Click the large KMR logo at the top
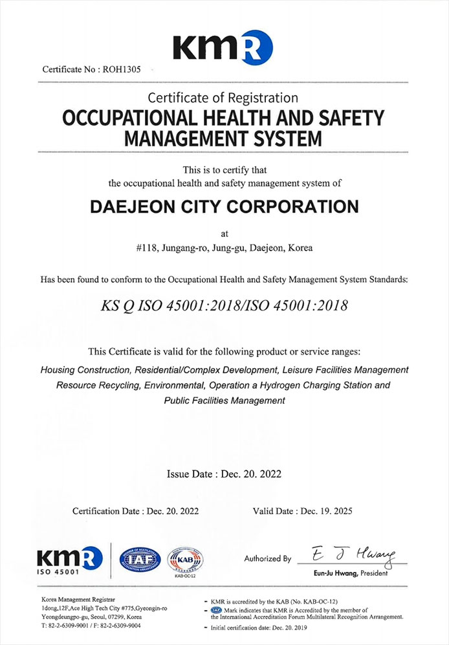pyautogui.click(x=223, y=48)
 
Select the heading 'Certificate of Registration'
pyautogui.click(x=223, y=98)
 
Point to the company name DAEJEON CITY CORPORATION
pyautogui.click(x=223, y=207)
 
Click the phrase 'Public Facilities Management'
pyautogui.click(x=224, y=400)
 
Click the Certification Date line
pyautogui.click(x=135, y=511)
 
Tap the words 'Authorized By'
pyautogui.click(x=267, y=558)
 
